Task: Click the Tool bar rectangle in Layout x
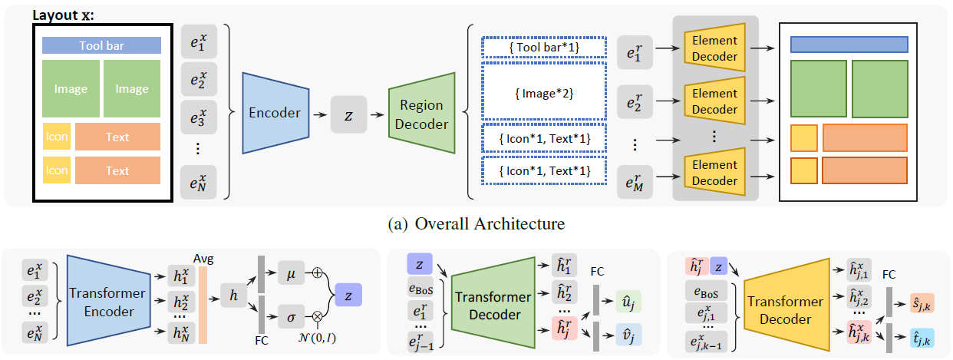coord(101,46)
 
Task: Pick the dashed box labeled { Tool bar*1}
coord(543,48)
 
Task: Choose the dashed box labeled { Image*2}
coord(543,94)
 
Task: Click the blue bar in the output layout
coord(849,44)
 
